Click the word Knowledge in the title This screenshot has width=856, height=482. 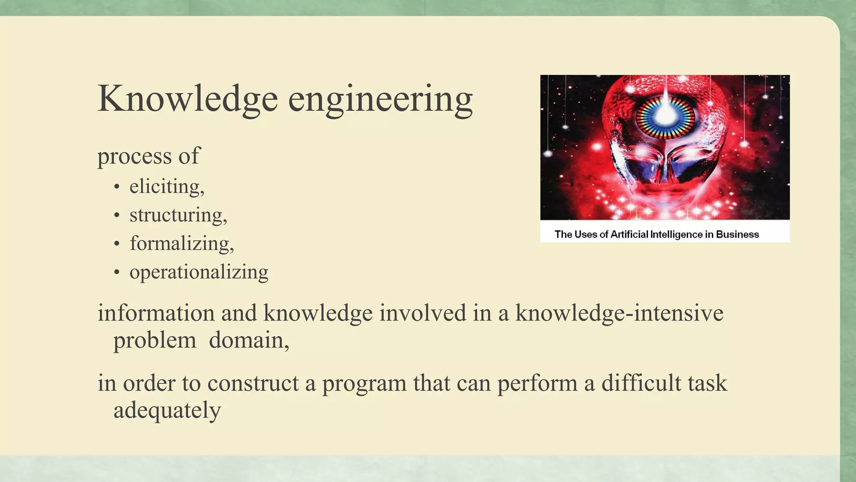tap(187, 99)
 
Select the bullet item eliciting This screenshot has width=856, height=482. tap(166, 187)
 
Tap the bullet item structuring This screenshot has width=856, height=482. tap(178, 215)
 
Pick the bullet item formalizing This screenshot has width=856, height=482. tap(181, 244)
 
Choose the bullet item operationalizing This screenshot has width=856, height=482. tap(199, 272)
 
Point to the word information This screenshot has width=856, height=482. tap(156, 313)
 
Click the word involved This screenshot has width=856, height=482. tap(423, 313)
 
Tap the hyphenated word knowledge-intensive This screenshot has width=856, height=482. tap(619, 313)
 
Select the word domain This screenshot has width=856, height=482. tap(249, 340)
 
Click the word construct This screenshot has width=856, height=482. tap(253, 383)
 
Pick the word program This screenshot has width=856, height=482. tap(364, 383)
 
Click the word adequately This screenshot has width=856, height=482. tap(167, 410)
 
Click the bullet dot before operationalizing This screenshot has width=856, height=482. tap(117, 273)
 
